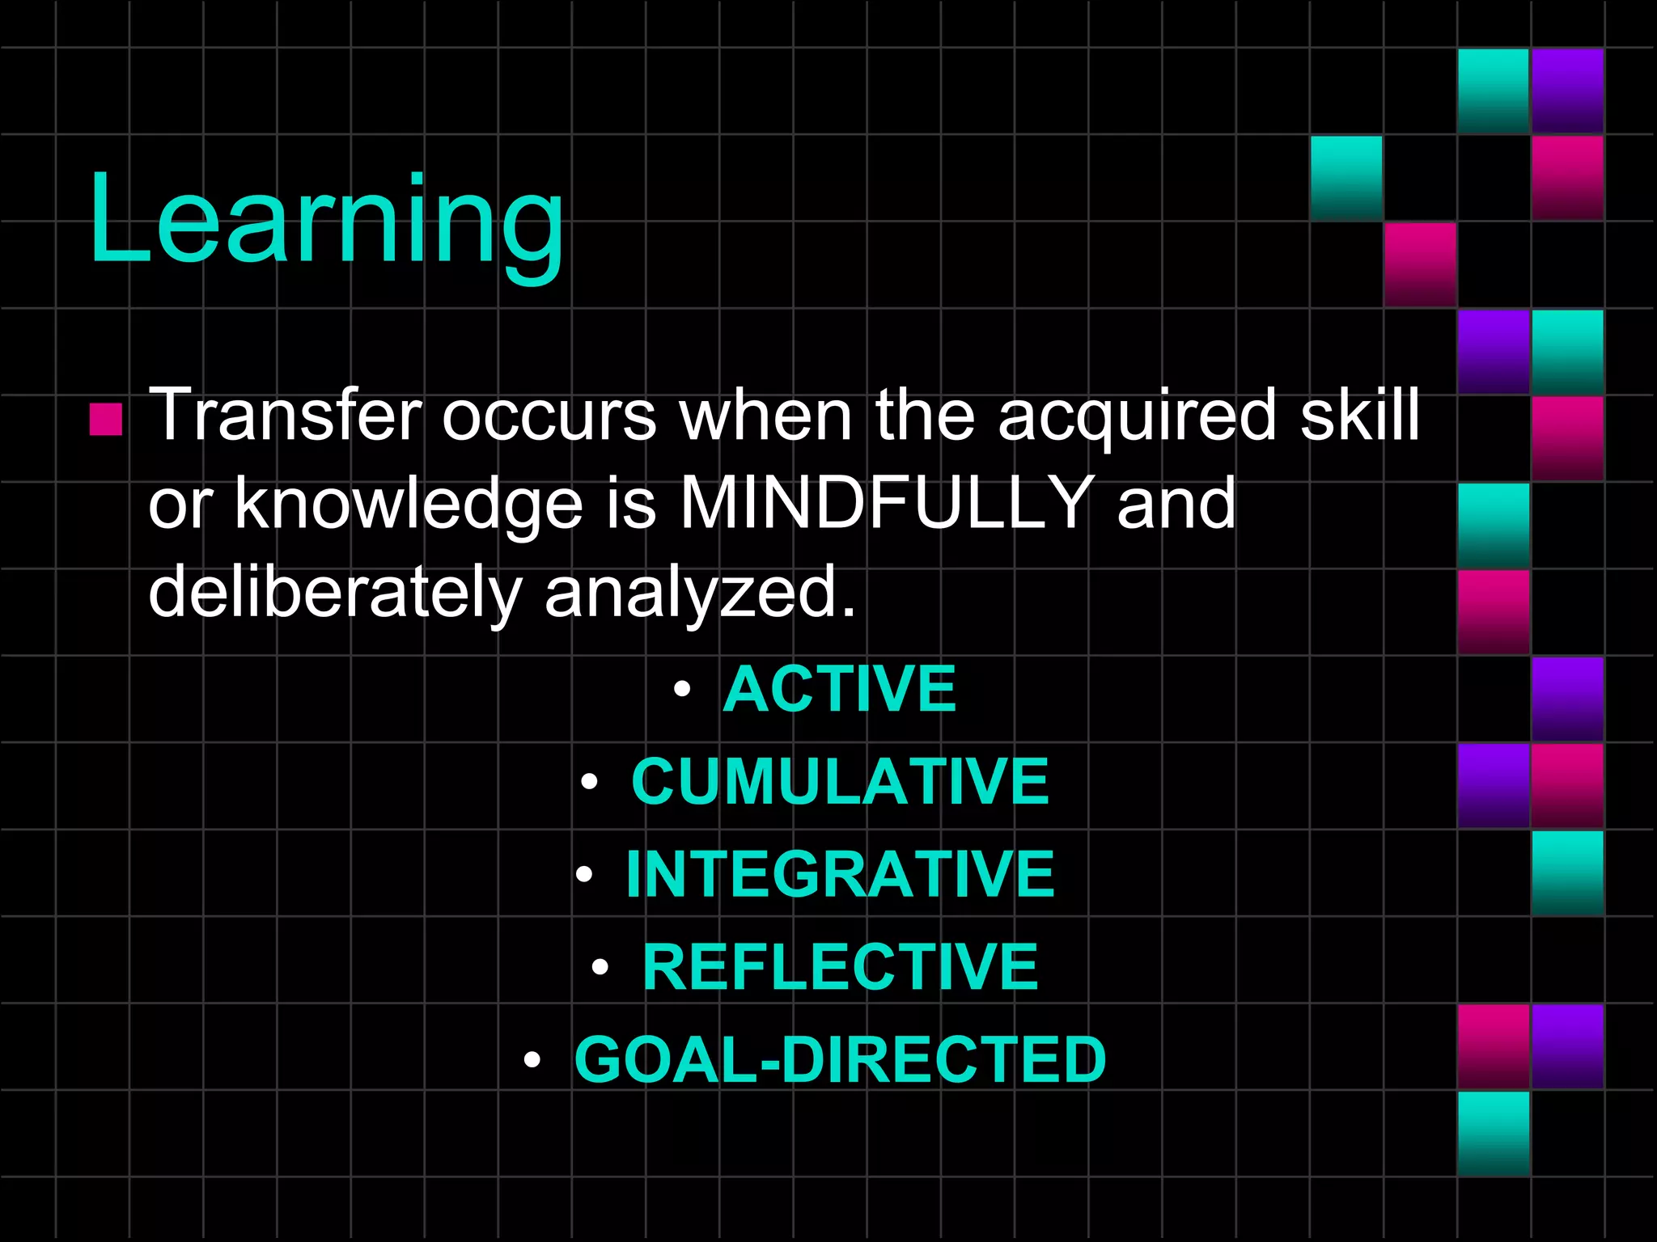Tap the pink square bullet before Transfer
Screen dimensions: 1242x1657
pos(106,419)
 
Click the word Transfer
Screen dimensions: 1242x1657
pos(286,416)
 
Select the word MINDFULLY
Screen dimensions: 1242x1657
pos(887,503)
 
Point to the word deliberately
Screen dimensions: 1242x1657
pos(335,592)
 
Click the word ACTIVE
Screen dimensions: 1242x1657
pos(840,689)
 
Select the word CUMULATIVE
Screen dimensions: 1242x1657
pos(840,782)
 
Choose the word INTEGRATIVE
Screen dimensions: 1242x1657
pos(840,875)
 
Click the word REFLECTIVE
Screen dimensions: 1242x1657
pos(840,967)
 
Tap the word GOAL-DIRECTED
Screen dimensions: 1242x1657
pos(840,1060)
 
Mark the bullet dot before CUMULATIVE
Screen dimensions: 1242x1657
pos(589,782)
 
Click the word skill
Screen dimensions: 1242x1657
pos(1359,416)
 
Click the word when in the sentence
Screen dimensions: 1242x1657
pos(765,416)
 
